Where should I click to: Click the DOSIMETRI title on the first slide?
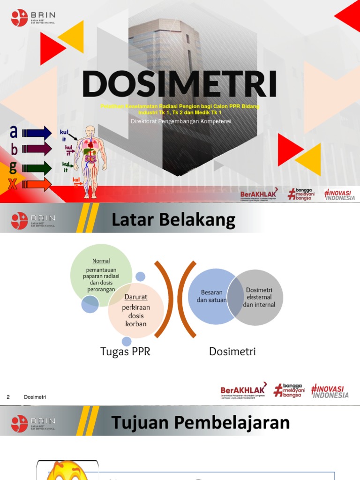tap(179, 84)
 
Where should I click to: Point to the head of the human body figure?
tap(90, 131)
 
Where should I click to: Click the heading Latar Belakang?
tap(173, 219)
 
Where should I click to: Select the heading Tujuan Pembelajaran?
tap(200, 422)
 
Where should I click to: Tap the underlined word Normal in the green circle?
tap(101, 261)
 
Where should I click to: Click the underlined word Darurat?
tap(136, 297)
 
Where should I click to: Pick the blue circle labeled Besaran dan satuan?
tap(209, 296)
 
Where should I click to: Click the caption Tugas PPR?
tap(125, 351)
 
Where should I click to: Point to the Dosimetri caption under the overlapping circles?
tap(232, 351)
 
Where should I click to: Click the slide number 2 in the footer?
tap(8, 397)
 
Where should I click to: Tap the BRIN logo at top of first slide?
tap(32, 18)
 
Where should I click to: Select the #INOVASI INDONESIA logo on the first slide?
tap(340, 195)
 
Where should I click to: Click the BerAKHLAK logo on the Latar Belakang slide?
tap(243, 390)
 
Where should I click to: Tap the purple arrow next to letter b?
tap(39, 150)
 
